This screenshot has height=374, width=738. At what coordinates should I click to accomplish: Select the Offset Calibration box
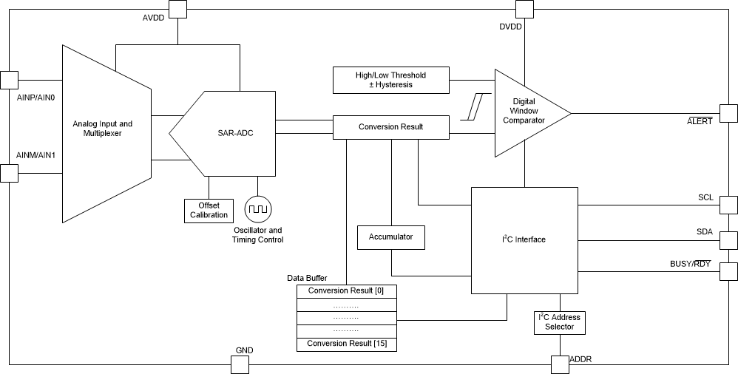[x=209, y=210]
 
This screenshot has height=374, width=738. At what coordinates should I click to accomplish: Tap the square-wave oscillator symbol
[x=258, y=210]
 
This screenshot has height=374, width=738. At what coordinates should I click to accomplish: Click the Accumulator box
[x=390, y=237]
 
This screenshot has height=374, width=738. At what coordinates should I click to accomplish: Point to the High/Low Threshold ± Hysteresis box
[x=391, y=80]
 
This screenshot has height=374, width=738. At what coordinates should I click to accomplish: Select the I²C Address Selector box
[x=559, y=322]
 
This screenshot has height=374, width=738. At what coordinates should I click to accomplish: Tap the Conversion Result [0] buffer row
[x=346, y=290]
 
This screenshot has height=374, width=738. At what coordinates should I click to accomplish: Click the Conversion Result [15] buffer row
[x=346, y=344]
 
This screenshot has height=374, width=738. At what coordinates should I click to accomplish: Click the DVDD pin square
[x=524, y=9]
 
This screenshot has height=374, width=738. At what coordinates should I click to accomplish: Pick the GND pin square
[x=240, y=364]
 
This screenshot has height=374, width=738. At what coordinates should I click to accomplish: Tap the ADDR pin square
[x=560, y=364]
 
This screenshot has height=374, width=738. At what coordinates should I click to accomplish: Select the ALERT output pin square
[x=728, y=113]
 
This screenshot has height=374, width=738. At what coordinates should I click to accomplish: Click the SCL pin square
[x=728, y=205]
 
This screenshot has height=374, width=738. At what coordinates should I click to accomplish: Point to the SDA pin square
[x=728, y=241]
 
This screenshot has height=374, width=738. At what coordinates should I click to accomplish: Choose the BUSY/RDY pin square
[x=728, y=271]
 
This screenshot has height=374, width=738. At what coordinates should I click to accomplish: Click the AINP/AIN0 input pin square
[x=9, y=80]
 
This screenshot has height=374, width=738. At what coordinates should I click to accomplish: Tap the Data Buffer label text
[x=307, y=278]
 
